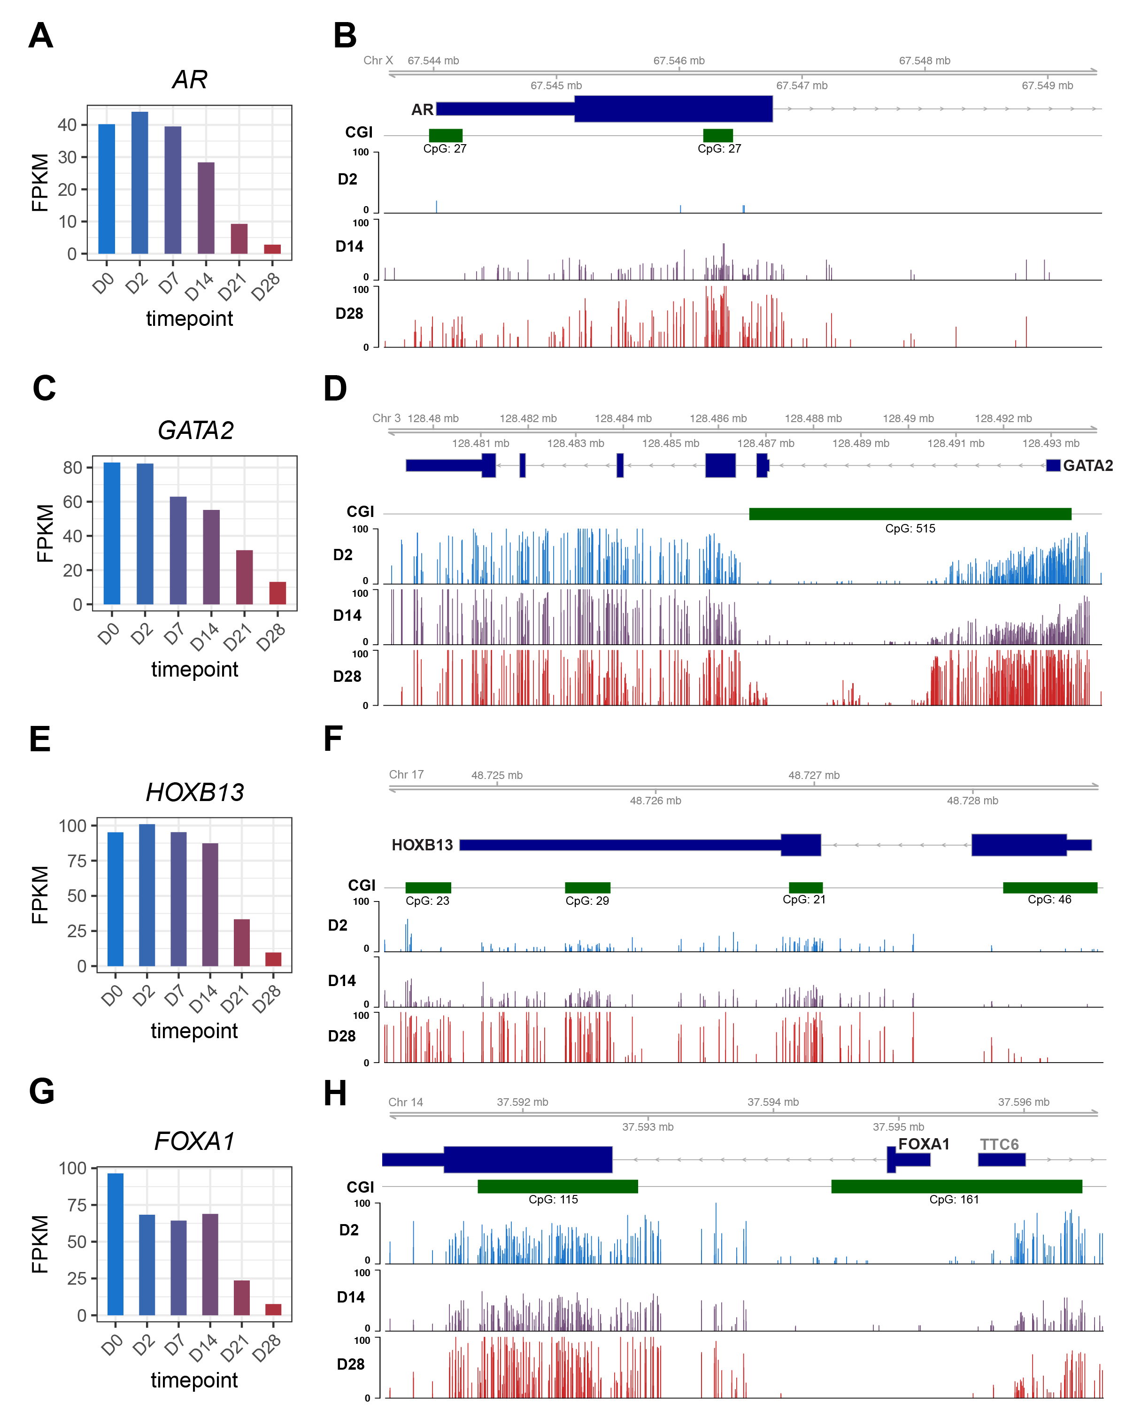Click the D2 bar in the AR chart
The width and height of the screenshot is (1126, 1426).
pyautogui.click(x=140, y=183)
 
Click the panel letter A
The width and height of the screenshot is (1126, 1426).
pyautogui.click(x=41, y=36)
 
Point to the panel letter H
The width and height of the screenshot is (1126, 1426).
pyautogui.click(x=335, y=1093)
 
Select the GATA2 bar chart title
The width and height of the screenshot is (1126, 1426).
pyautogui.click(x=195, y=431)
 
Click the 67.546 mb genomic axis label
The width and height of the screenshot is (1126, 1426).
pyautogui.click(x=679, y=61)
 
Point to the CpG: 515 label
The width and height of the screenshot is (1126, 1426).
pyautogui.click(x=910, y=529)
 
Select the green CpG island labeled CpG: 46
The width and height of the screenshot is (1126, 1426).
pyautogui.click(x=1049, y=887)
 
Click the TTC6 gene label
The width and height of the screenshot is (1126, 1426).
pyautogui.click(x=999, y=1144)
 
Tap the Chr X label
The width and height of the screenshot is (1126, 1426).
pyautogui.click(x=378, y=61)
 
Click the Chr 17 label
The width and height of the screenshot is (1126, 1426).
pyautogui.click(x=406, y=775)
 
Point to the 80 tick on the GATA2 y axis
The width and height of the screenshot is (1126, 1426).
pyautogui.click(x=72, y=467)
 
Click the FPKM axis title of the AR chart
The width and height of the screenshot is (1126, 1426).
pyautogui.click(x=39, y=183)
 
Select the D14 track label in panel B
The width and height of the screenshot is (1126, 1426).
pyautogui.click(x=349, y=247)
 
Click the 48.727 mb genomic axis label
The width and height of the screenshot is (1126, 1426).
pyautogui.click(x=814, y=775)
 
